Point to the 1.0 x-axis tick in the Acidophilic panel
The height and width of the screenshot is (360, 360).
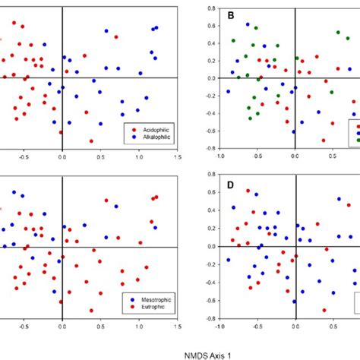point(139,157)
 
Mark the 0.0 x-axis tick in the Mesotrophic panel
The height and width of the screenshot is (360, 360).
point(62,327)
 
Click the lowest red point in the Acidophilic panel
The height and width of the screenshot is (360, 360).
point(91,141)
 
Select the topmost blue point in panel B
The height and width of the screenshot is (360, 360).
point(338,32)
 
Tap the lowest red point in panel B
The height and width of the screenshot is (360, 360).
point(323,141)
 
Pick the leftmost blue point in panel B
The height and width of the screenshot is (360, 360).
point(227,92)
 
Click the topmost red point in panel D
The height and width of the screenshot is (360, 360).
point(248,189)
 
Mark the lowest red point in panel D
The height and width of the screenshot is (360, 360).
point(323,310)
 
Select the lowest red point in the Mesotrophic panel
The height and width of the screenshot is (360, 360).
point(91,310)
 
